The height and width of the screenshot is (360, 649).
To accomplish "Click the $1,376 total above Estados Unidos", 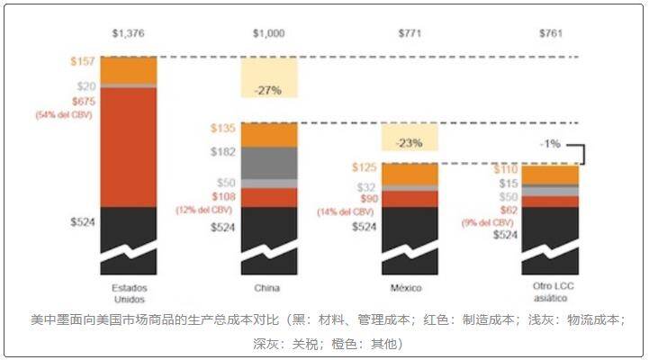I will [x=129, y=33].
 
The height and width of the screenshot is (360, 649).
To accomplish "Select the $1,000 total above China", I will [x=267, y=33].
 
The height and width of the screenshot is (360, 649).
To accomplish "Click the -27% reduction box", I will [x=267, y=90].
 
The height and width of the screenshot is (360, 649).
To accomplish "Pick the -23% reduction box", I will [x=410, y=141].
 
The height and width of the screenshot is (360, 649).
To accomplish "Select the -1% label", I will [x=551, y=143].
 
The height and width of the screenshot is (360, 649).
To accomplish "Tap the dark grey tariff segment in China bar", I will [x=267, y=162].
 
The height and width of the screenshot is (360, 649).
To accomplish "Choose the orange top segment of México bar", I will [x=410, y=173].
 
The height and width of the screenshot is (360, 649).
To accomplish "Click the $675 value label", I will [x=83, y=102].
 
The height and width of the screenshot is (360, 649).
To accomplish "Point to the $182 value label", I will [x=222, y=153].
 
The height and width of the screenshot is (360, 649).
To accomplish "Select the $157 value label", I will [x=83, y=62].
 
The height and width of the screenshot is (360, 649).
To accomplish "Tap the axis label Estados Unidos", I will [x=129, y=292].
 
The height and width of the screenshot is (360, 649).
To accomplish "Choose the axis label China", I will [x=267, y=288].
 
